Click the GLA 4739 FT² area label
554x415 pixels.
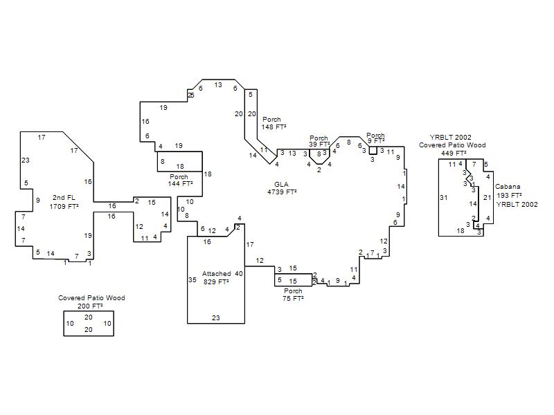(x=282, y=188)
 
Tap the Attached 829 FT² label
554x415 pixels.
(x=216, y=278)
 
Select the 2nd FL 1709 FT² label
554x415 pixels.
(x=64, y=202)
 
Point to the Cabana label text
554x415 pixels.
(x=508, y=186)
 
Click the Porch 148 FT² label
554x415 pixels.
(x=274, y=123)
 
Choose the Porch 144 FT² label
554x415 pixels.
(x=180, y=180)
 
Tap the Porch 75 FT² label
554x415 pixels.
(x=293, y=295)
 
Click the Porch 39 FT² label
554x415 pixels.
(x=319, y=141)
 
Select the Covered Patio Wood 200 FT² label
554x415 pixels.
(x=91, y=302)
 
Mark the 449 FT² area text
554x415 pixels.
(x=454, y=153)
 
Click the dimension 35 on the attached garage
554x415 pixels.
(x=193, y=280)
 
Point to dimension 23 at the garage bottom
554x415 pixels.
(x=216, y=318)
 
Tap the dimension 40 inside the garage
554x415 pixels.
(x=239, y=273)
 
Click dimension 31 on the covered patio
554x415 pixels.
(x=444, y=198)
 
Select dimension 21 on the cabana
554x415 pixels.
(x=488, y=198)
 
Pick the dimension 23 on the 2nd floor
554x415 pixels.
(x=26, y=160)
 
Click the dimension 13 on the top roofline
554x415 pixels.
(x=218, y=84)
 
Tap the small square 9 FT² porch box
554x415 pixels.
(x=373, y=150)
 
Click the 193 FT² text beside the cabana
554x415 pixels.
(x=509, y=195)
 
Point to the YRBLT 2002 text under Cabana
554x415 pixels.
(x=517, y=204)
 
